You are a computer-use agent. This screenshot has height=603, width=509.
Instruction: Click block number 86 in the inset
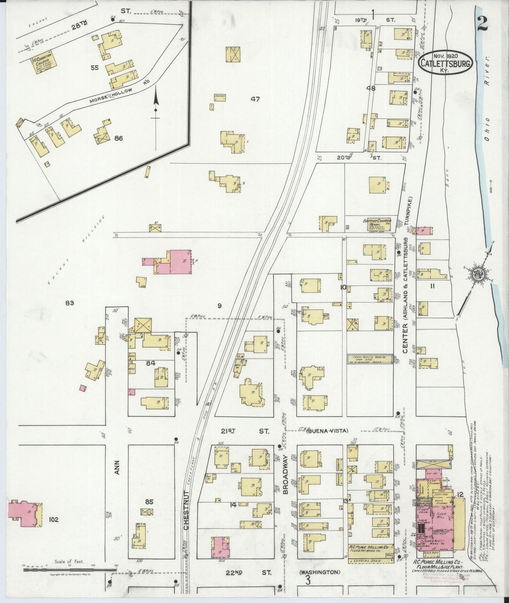point(118,138)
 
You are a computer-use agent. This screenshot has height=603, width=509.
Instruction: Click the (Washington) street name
point(319,572)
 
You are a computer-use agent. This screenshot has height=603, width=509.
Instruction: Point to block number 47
point(255,100)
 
